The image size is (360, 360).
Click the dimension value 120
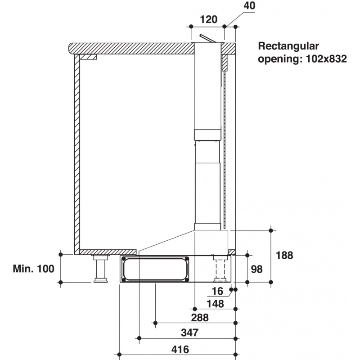209,19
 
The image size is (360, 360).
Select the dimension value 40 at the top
249,5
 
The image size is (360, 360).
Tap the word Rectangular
288,46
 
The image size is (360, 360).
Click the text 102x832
326,59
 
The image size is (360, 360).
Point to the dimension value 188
284,255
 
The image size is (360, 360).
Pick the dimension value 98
256,269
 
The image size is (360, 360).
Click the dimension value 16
217,291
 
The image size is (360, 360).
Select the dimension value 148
215,304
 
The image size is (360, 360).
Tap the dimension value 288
200,318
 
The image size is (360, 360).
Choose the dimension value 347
189,333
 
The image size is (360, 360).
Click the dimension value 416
180,350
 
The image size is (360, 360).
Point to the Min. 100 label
33,269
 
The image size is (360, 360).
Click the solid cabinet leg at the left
100,269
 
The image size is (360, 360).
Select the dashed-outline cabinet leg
220,269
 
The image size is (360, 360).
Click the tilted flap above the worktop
208,39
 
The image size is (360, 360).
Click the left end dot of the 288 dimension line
155,323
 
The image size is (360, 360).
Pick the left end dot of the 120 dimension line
191,27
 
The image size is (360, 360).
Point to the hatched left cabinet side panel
77,154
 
